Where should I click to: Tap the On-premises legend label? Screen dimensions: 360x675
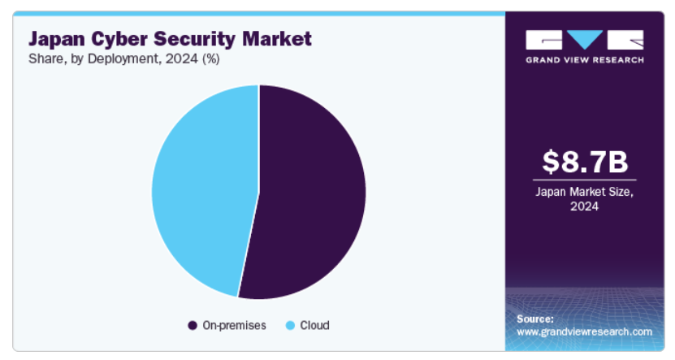(x=234, y=325)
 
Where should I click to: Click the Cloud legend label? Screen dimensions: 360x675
(x=314, y=325)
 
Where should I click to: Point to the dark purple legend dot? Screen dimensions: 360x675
(x=193, y=325)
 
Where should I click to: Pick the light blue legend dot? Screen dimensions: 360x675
(x=290, y=325)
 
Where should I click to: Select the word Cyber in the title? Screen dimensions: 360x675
(x=123, y=38)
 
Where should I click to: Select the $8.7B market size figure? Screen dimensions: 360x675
(x=584, y=162)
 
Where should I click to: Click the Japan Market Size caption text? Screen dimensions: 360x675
(x=584, y=191)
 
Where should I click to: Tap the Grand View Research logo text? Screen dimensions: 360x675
(x=584, y=59)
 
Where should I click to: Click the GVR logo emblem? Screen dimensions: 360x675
(x=584, y=40)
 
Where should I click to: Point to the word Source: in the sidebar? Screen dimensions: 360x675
(x=535, y=319)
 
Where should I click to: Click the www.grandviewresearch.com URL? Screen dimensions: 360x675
(x=584, y=332)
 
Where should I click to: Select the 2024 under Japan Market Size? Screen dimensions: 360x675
(x=584, y=206)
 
